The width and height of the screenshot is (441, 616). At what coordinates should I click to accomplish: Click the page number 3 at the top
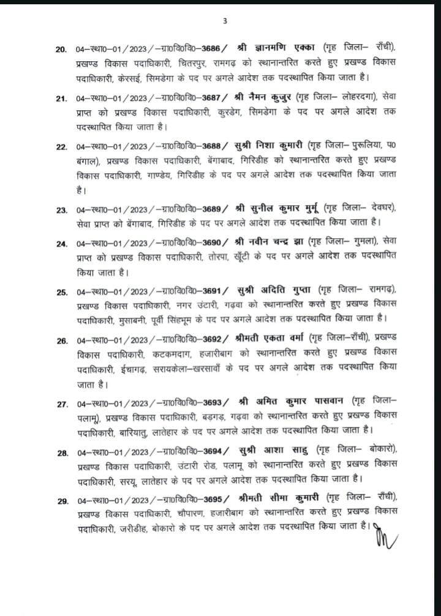pyautogui.click(x=224, y=21)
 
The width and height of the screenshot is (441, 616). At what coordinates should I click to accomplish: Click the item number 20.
pyautogui.click(x=62, y=48)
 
